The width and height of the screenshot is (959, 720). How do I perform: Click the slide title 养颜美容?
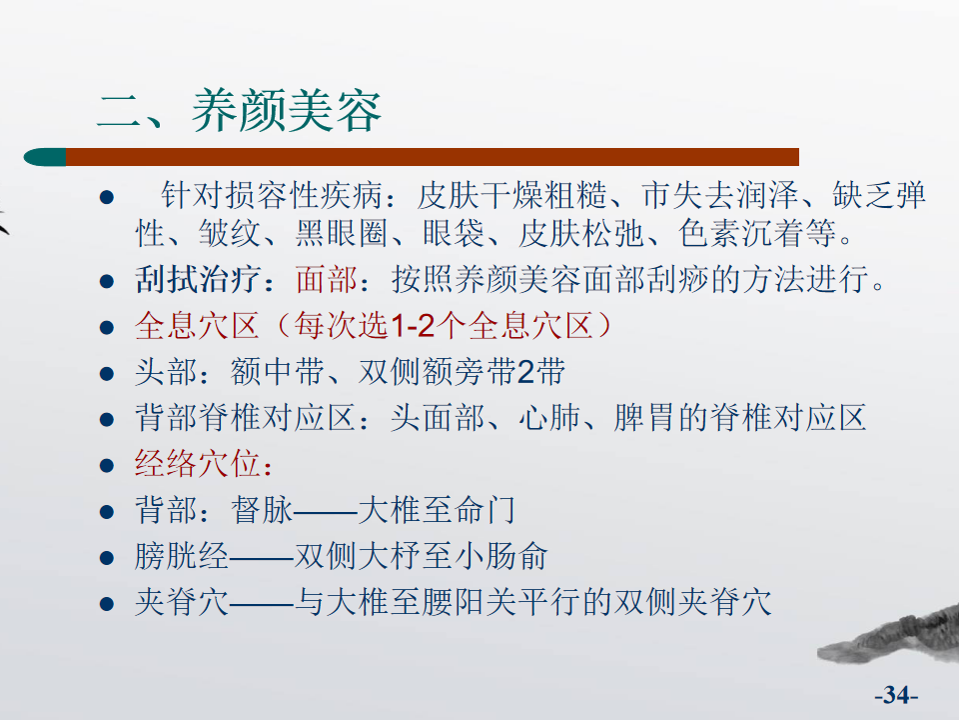coord(287,111)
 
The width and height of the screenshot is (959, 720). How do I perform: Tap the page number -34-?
coord(896,695)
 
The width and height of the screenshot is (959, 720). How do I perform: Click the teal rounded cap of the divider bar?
coord(45,157)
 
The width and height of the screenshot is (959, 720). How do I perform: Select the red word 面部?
coord(326,279)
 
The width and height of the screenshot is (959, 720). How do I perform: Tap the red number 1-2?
coord(413,326)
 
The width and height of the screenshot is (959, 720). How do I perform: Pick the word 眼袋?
coord(454,233)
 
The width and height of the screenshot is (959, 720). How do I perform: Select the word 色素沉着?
coord(741,233)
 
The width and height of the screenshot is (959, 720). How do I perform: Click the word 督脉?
coord(263,510)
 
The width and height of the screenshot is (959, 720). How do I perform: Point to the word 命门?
coord(485,510)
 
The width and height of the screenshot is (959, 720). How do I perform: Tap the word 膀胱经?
coord(182,557)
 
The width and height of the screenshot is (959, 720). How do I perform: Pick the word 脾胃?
coord(644,418)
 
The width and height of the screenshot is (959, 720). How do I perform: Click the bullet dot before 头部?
coord(107,373)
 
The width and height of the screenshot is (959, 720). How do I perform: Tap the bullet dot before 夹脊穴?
coord(107,604)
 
